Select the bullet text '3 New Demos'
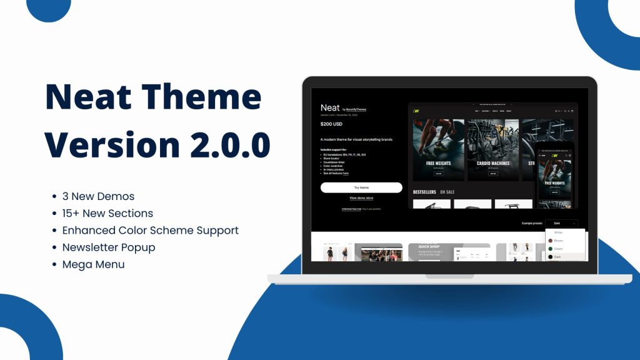[98, 196]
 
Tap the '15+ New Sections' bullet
[107, 213]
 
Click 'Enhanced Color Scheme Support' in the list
[150, 230]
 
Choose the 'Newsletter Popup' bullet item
[109, 247]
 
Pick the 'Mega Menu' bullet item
[93, 264]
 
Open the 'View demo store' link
[361, 198]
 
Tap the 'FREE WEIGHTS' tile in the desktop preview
[439, 163]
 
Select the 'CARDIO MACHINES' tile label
[493, 163]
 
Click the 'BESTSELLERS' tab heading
[425, 192]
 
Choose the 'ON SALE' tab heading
[447, 192]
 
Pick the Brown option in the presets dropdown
[558, 241]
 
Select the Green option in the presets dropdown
[558, 249]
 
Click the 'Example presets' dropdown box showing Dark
[561, 223]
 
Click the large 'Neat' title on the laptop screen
[330, 107]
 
